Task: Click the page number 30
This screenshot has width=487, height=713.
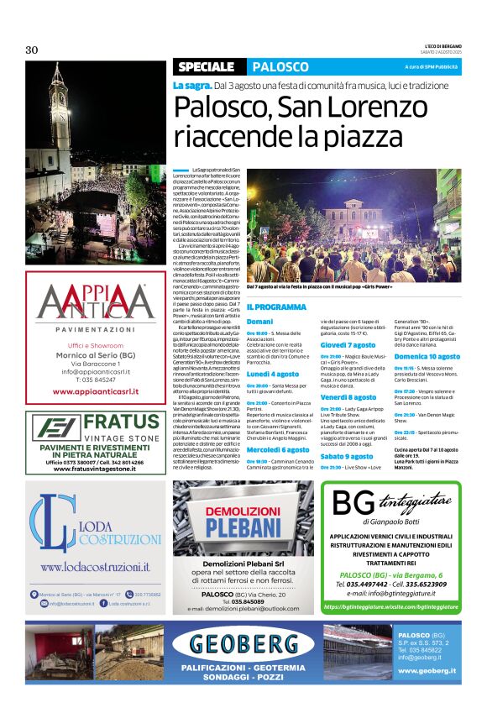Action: (x=32, y=50)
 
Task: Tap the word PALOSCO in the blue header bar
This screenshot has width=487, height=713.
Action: (x=280, y=66)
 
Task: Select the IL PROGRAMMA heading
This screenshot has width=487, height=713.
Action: (x=276, y=307)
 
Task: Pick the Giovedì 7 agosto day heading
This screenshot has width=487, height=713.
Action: (x=348, y=345)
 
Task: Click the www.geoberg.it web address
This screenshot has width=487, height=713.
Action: (x=427, y=670)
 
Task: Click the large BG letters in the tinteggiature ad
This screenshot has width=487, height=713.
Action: (x=352, y=504)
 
